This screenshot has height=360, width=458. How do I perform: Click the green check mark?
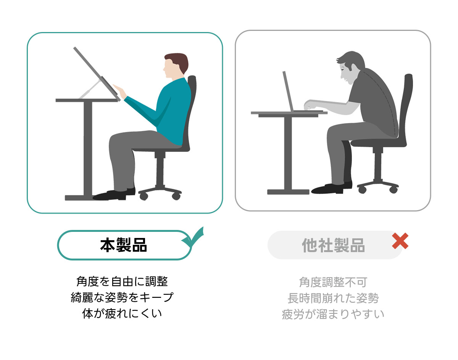193,239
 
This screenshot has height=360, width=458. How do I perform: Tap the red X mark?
400,241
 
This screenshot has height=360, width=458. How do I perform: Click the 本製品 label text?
123,245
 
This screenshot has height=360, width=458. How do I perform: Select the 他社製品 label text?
333,245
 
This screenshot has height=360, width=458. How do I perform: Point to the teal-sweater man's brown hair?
178,61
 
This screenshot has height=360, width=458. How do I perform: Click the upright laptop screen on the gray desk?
288,91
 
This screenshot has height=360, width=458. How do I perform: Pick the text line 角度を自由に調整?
122,281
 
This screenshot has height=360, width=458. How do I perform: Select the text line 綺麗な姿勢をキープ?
122,297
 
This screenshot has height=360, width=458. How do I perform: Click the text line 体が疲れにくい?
122,313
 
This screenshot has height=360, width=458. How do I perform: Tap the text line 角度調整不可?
333,282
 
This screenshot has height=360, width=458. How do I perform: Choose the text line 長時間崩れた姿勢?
333,298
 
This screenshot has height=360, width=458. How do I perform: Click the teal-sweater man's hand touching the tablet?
120,91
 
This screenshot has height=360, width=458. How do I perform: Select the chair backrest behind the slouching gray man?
406,106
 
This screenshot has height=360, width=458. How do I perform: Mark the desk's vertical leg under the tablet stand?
88,148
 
